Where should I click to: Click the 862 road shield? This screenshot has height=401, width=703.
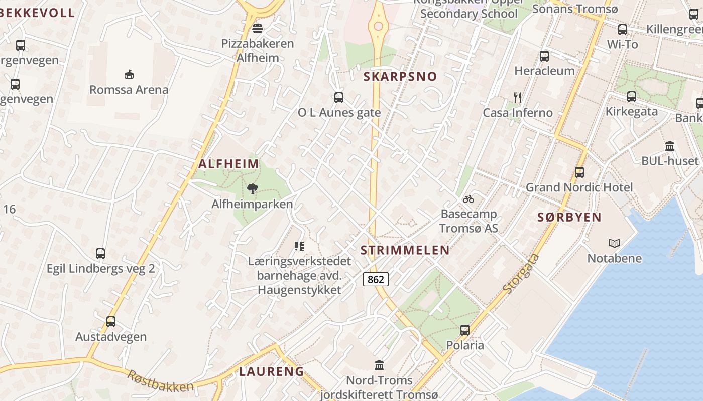[376, 279]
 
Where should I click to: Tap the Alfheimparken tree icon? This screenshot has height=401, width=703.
[252, 189]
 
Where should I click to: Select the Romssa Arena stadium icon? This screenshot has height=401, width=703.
[129, 74]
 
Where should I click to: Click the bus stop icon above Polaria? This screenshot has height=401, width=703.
[465, 330]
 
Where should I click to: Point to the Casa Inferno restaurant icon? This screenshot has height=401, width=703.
[518, 97]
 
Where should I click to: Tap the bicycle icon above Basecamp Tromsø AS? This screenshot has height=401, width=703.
[468, 199]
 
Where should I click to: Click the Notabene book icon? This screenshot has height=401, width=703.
[615, 243]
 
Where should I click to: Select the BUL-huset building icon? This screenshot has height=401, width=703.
[670, 146]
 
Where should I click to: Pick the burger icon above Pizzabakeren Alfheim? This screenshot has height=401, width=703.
[258, 28]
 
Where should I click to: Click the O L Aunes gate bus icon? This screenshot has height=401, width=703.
[339, 97]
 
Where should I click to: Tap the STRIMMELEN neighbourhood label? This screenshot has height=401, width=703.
[405, 250]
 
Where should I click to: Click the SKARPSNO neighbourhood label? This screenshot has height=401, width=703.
[400, 77]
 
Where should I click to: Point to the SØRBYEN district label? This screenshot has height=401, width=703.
[569, 217]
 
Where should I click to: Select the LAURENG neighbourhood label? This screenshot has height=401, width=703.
[272, 371]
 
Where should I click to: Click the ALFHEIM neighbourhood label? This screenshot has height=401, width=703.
[229, 164]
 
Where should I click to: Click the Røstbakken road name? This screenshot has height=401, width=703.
[160, 381]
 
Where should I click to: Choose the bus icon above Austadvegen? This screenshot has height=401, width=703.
[111, 321]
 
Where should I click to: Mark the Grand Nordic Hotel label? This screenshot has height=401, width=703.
[579, 187]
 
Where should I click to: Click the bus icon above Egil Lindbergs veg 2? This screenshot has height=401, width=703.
[100, 253]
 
